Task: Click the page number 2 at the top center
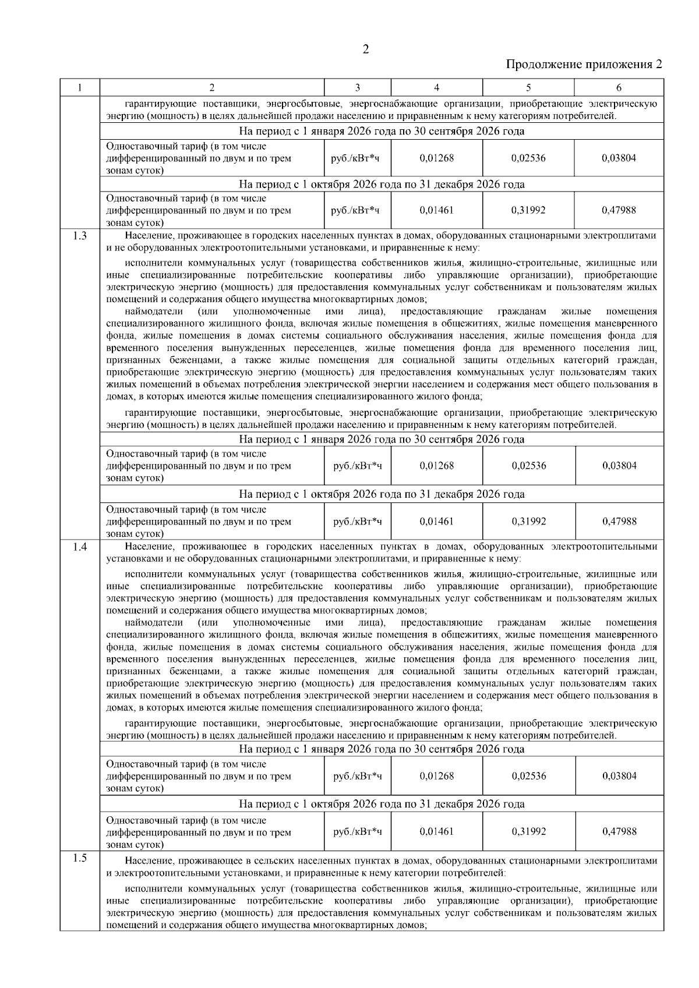click(x=365, y=49)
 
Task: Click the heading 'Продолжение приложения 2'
click(x=584, y=64)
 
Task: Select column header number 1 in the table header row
click(x=79, y=87)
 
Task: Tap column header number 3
click(x=357, y=87)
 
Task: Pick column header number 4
click(x=436, y=87)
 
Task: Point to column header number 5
click(x=528, y=87)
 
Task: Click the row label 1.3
click(x=79, y=236)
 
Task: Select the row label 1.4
click(x=79, y=547)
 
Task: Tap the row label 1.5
click(x=79, y=858)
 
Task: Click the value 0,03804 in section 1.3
click(x=619, y=466)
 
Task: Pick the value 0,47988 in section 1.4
click(x=619, y=831)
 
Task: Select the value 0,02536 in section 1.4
click(x=529, y=775)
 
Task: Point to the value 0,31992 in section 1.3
click(x=529, y=521)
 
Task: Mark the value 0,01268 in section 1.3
click(x=436, y=466)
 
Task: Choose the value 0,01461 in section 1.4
click(x=436, y=831)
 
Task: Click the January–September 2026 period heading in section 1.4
click(x=382, y=749)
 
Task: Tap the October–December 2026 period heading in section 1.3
click(x=382, y=494)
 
